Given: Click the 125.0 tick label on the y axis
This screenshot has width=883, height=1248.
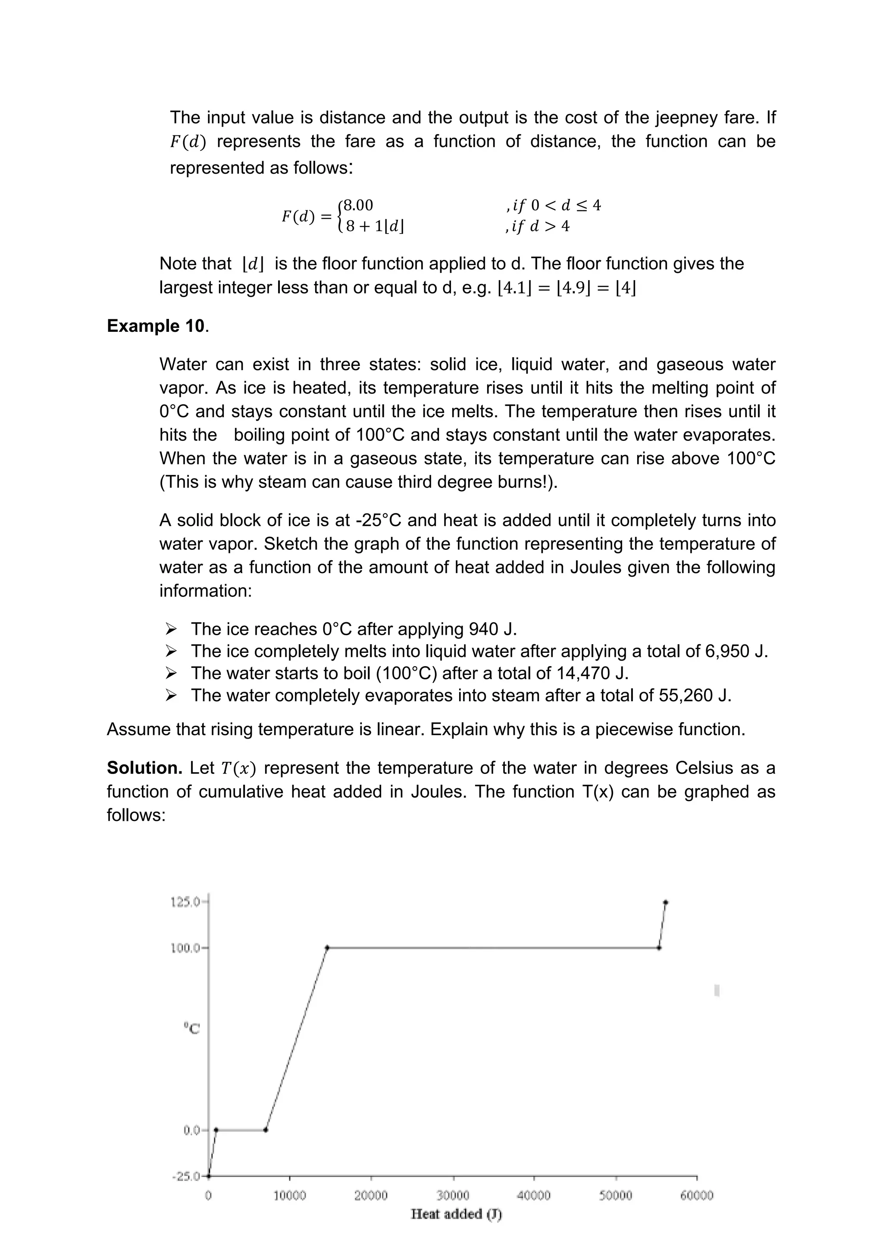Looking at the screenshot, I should pos(185,902).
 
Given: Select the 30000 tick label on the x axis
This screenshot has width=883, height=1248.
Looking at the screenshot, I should pos(453,1195).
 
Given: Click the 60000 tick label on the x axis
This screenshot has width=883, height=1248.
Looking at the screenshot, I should pos(696,1195).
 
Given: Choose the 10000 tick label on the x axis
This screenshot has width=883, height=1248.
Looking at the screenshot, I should pos(289,1195).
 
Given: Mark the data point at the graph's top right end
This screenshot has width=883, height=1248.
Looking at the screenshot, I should pos(666,902).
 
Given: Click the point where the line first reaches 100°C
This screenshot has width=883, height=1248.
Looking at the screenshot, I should pos(327,947).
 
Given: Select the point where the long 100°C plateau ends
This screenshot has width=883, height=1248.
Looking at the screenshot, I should pos(659,947).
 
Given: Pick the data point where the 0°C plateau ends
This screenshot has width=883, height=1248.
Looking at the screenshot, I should pos(265,1130).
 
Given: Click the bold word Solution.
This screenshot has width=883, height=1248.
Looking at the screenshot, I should pos(144,768).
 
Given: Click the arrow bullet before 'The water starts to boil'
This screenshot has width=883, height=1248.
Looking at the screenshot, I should pos(171,674).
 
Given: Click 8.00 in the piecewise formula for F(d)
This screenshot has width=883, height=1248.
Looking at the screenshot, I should pos(357,206).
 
